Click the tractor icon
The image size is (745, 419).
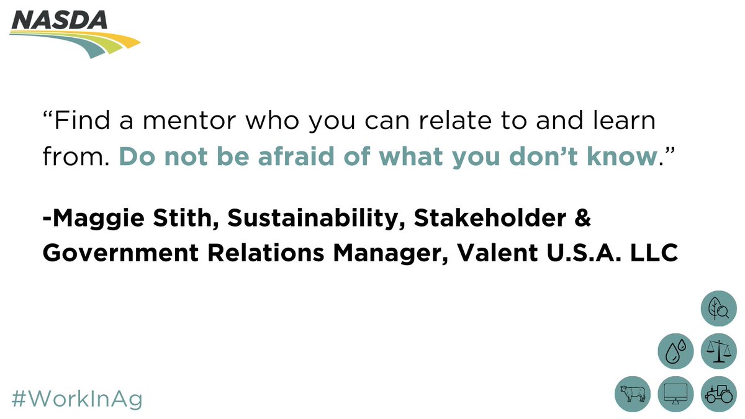pyautogui.click(x=718, y=394)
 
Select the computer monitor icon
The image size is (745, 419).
pyautogui.click(x=675, y=394)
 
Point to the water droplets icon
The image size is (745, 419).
pyautogui.click(x=675, y=352)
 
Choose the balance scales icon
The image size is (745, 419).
pyautogui.click(x=718, y=352)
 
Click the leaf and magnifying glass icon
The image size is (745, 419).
pyautogui.click(x=718, y=309)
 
